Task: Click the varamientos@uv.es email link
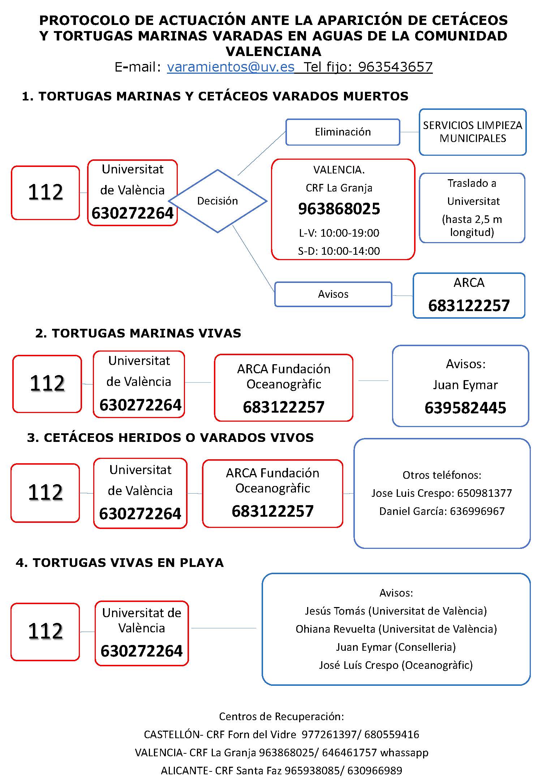click(x=231, y=67)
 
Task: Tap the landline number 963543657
click(x=395, y=67)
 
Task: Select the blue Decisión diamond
click(x=218, y=201)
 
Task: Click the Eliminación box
click(x=343, y=132)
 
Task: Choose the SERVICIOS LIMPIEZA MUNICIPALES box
click(x=472, y=132)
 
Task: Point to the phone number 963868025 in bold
click(x=339, y=209)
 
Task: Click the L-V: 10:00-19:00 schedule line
click(x=339, y=233)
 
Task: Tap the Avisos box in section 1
click(x=333, y=294)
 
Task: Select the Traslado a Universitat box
click(x=472, y=207)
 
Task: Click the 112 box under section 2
click(x=47, y=383)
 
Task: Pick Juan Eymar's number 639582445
click(x=465, y=408)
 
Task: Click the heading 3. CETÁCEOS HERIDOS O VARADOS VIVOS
click(x=170, y=438)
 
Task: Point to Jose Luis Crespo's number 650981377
click(x=484, y=493)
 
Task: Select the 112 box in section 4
click(x=45, y=631)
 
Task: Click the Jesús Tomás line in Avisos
click(x=396, y=611)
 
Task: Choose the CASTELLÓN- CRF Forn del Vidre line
click(x=281, y=735)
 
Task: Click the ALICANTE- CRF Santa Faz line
click(x=281, y=771)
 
